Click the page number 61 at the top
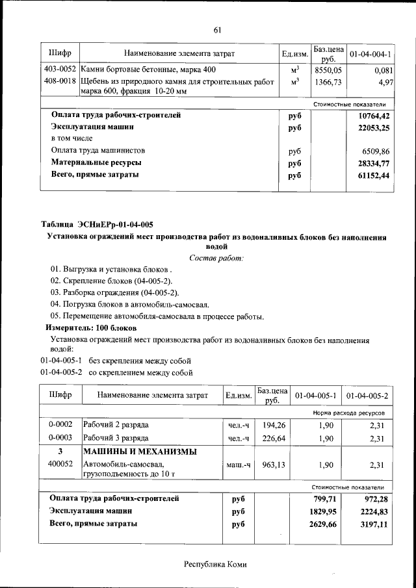point(217,29)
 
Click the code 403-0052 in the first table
point(60,70)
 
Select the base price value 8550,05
point(328,70)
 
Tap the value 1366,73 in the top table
point(328,82)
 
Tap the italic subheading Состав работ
point(216,258)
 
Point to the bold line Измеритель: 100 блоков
point(90,328)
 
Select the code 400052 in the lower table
point(60,464)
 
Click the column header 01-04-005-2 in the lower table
point(367,395)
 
